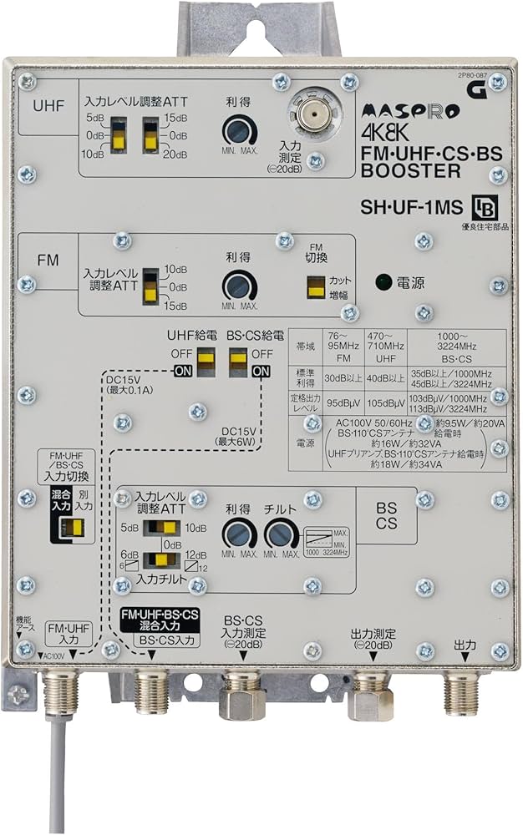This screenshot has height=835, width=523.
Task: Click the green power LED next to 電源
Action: tap(383, 281)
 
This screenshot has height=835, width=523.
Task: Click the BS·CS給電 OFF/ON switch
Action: tap(238, 358)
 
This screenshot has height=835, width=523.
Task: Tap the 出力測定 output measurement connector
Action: tap(369, 691)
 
